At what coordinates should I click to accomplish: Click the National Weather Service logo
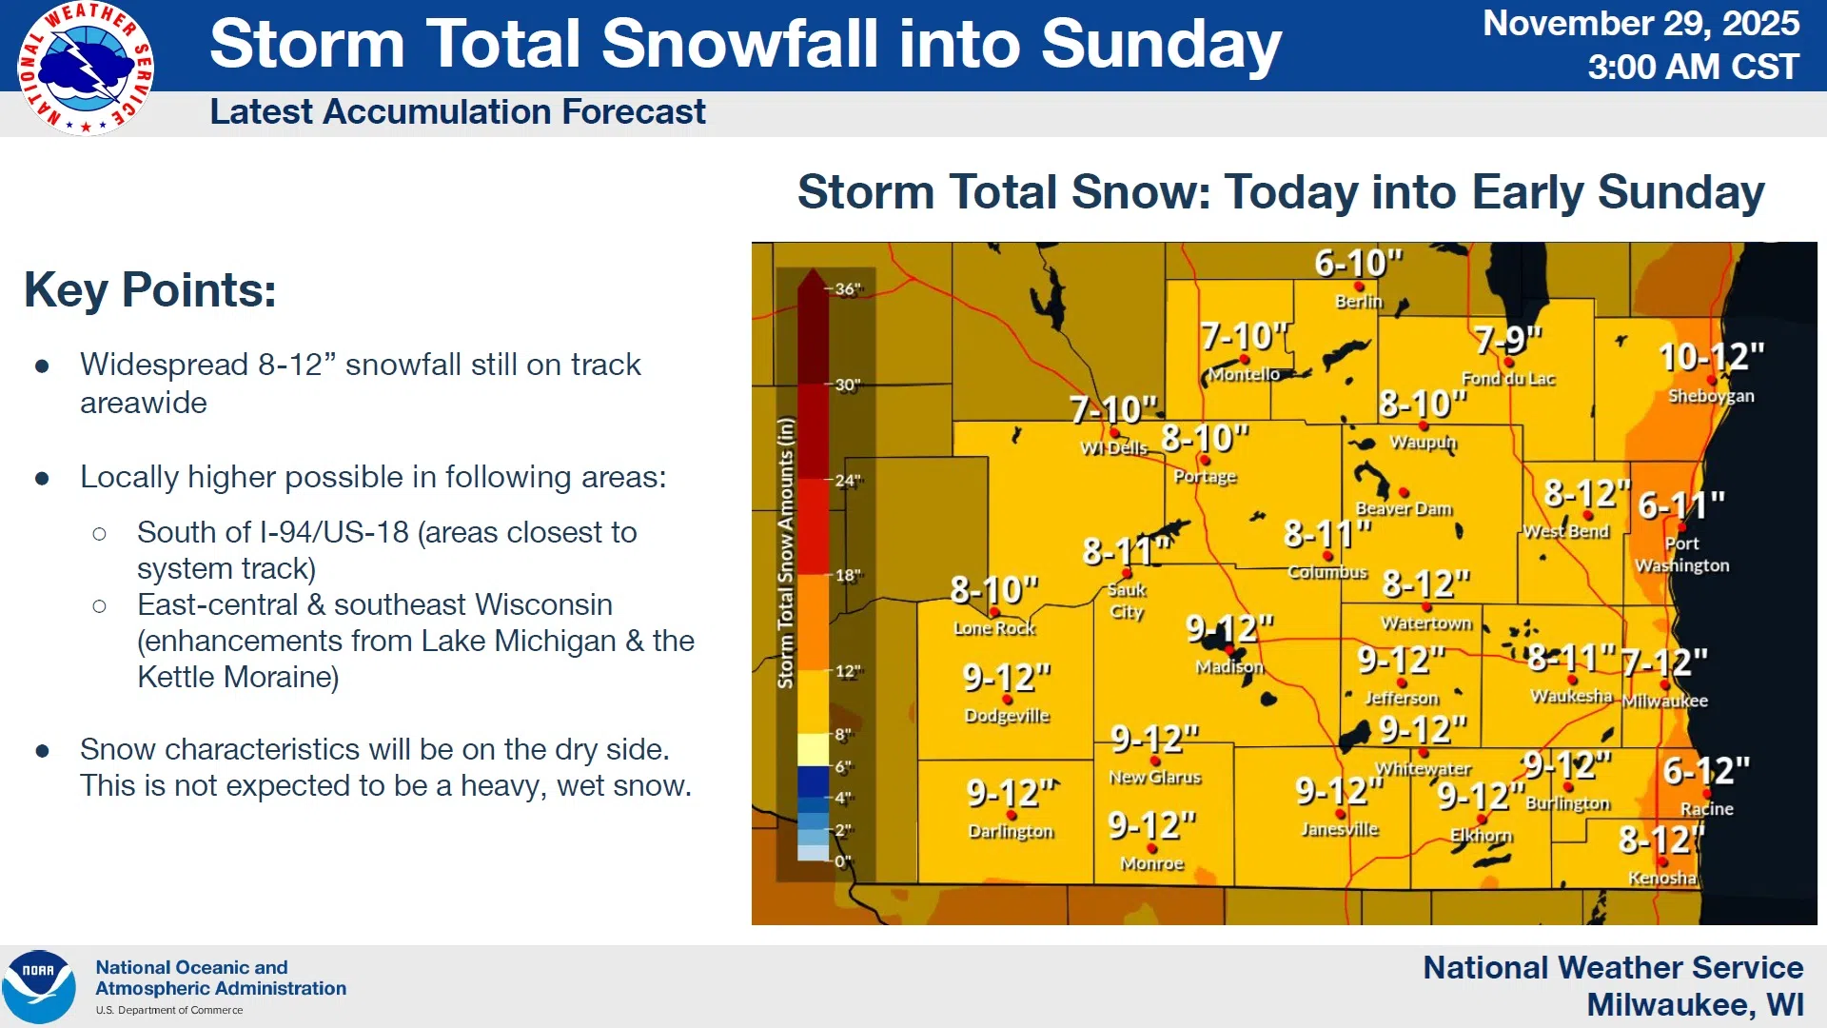[86, 69]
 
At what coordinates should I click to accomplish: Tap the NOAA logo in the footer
[39, 987]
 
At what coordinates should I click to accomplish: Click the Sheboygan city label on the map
[1711, 396]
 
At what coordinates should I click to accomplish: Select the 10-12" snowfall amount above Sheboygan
[1711, 357]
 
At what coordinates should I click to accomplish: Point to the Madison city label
[1229, 667]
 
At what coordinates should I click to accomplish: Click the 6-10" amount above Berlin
[1359, 263]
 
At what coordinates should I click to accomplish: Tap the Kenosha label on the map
[1662, 878]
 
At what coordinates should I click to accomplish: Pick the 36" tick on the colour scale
[848, 288]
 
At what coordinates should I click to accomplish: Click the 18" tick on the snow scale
[848, 575]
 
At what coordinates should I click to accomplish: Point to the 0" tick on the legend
[843, 861]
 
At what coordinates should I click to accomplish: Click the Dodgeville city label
[1007, 716]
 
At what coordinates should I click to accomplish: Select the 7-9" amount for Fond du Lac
[1507, 339]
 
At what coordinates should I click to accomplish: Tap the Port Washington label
[1682, 554]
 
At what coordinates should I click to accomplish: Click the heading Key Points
[150, 289]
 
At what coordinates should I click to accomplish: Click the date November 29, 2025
[1641, 23]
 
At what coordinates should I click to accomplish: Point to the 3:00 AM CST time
[1694, 67]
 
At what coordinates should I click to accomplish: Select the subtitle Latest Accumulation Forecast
[458, 112]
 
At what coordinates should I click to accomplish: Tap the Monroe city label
[1152, 863]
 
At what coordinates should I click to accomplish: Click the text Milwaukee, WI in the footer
[1696, 1005]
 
